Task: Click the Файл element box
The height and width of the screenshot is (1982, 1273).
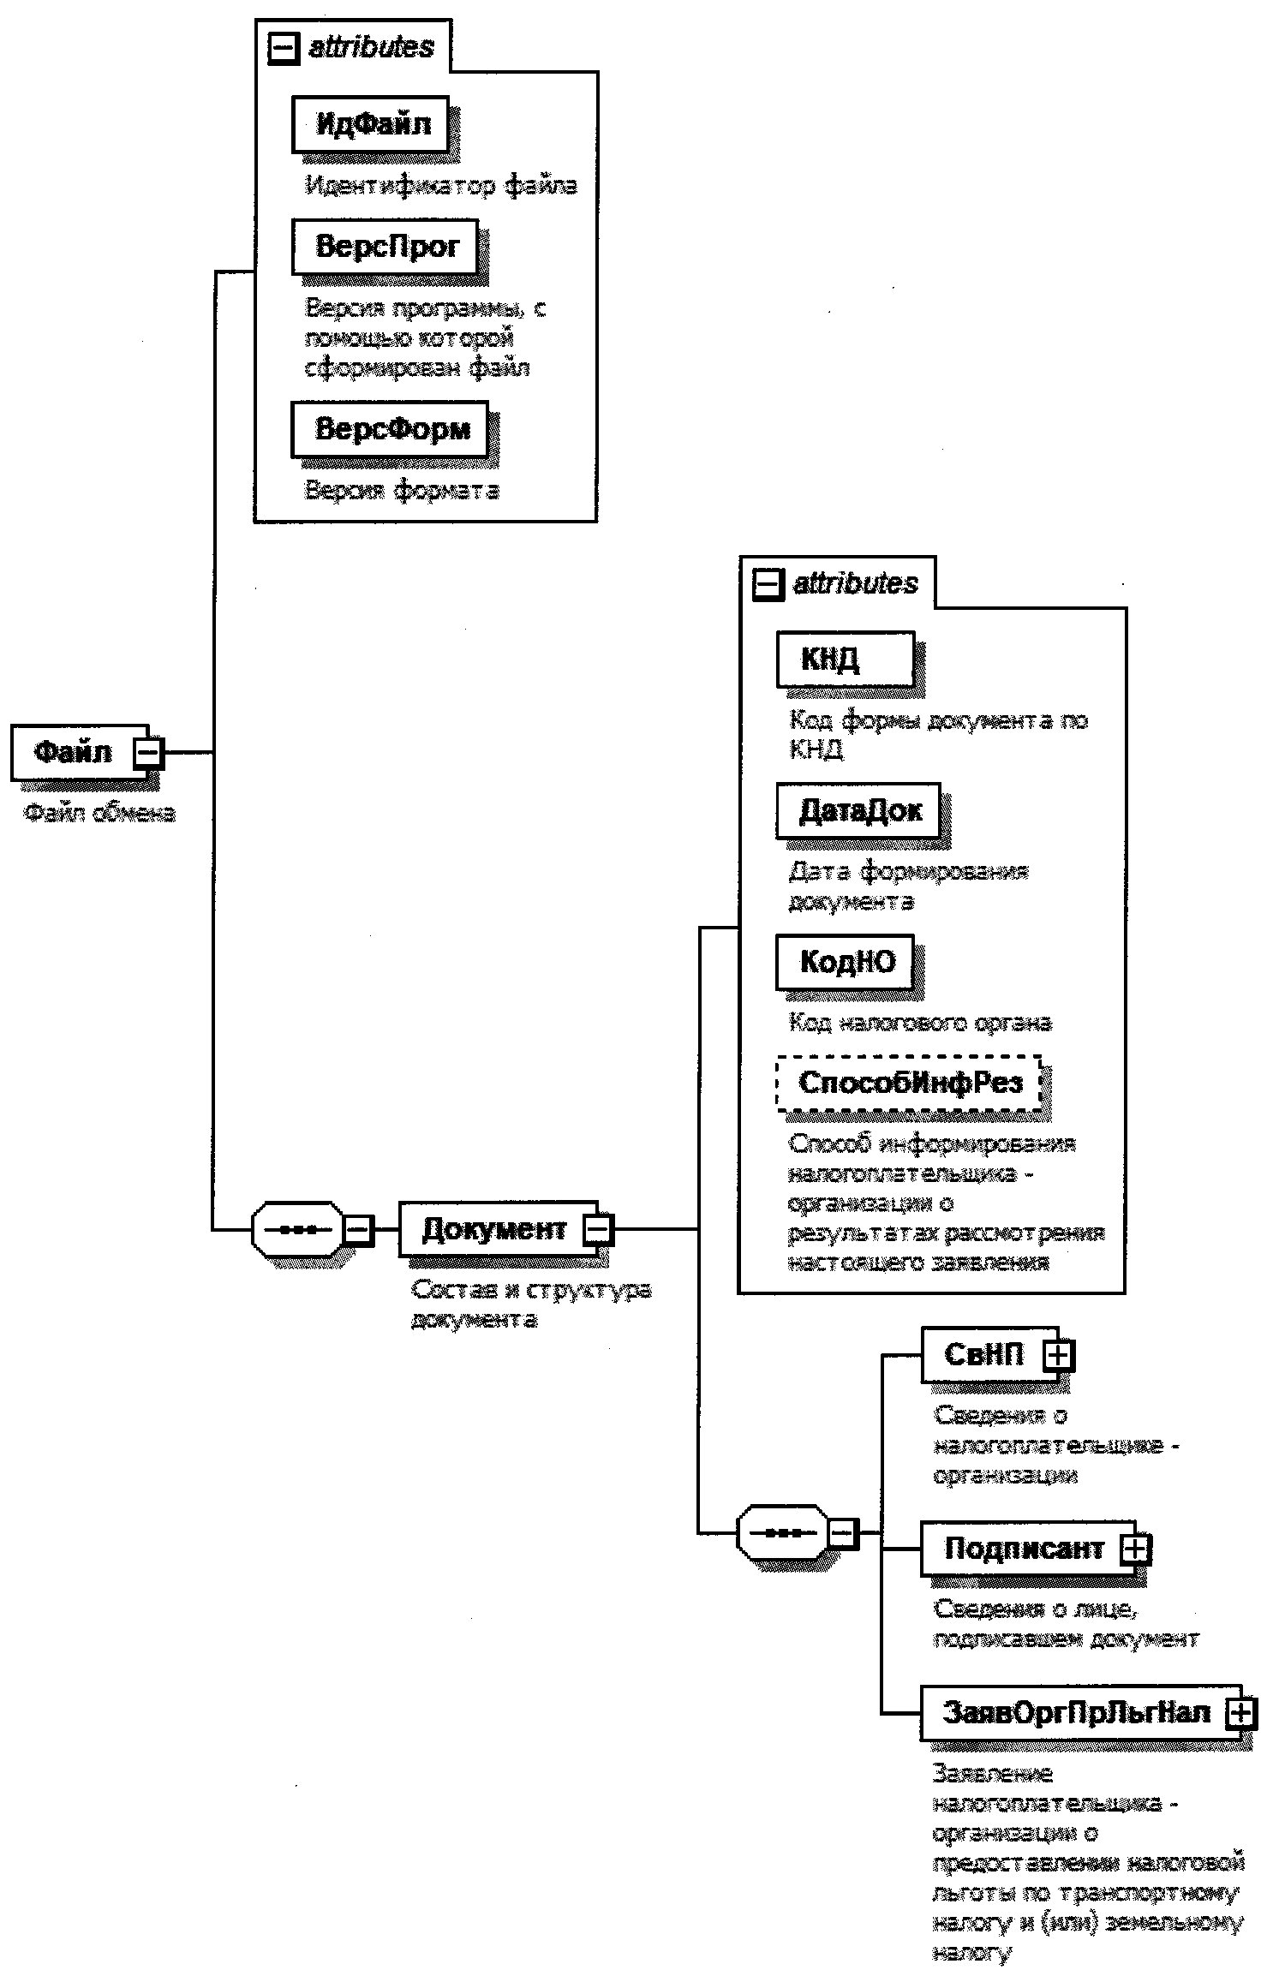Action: (73, 752)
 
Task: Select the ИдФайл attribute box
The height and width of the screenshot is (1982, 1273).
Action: (370, 125)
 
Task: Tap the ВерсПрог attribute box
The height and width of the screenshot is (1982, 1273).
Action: (385, 247)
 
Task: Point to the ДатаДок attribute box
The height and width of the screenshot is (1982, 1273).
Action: (858, 810)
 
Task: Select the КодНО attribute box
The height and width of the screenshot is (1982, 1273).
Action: (845, 962)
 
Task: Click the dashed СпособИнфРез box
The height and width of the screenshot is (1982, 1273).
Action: (909, 1083)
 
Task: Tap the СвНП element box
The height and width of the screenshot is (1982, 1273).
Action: (983, 1354)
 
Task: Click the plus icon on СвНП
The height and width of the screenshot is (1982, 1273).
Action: (1059, 1354)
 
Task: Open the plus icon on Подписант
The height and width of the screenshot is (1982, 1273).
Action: (1135, 1548)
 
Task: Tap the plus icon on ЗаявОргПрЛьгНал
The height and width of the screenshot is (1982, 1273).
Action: (1240, 1712)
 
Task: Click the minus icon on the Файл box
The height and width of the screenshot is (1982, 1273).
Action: (148, 752)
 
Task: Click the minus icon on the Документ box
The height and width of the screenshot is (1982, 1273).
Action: (598, 1229)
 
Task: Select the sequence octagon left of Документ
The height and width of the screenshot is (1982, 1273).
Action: (297, 1229)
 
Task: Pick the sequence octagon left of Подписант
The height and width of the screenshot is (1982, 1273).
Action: (782, 1532)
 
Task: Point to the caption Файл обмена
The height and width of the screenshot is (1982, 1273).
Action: (99, 812)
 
